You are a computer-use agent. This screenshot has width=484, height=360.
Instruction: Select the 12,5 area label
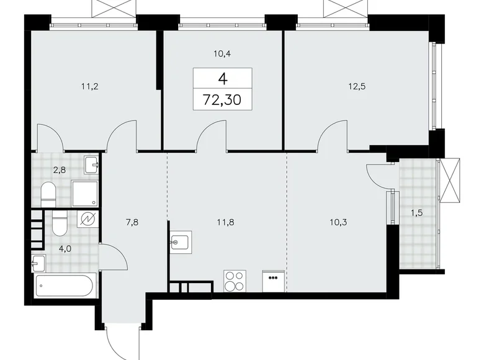(356, 87)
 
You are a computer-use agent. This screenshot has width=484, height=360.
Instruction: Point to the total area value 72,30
(222, 97)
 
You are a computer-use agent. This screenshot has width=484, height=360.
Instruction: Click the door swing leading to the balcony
(379, 175)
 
